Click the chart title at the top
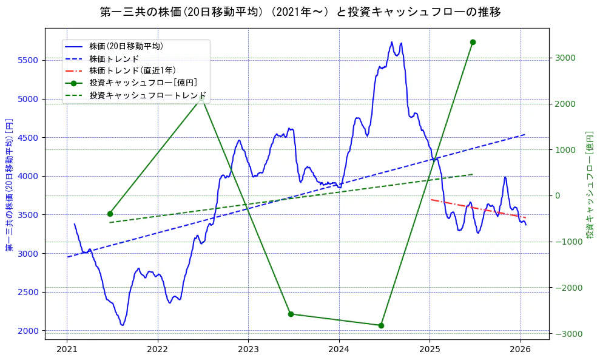click(300, 12)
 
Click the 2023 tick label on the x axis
click(248, 350)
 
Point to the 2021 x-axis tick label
click(67, 350)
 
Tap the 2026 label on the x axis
click(521, 350)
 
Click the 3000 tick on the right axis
click(564, 58)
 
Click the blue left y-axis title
click(9, 185)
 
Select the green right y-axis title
click(590, 185)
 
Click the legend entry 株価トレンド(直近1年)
click(132, 70)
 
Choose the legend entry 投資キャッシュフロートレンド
click(147, 95)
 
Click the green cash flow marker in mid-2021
click(110, 214)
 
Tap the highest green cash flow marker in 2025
click(473, 42)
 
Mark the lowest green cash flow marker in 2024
click(381, 325)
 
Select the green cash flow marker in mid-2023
click(291, 314)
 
